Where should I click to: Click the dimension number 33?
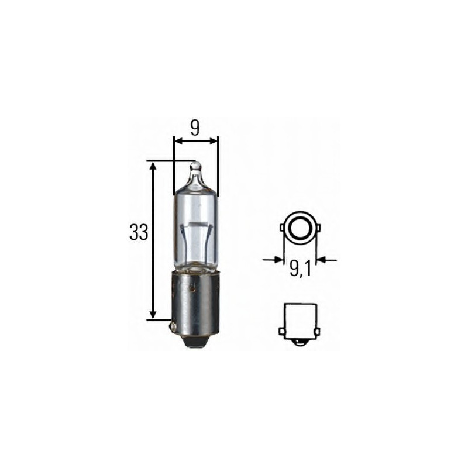tap(137, 233)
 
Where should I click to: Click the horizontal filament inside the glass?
tap(196, 225)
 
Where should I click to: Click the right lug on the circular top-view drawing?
tap(316, 226)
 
